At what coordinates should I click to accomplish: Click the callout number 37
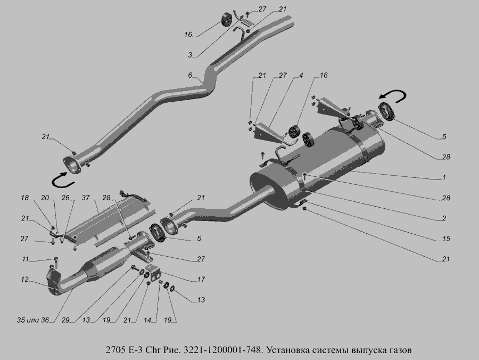tap(86, 198)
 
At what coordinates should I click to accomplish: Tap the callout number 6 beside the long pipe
tap(190, 75)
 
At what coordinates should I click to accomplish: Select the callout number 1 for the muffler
tap(444, 177)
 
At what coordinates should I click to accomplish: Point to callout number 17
tap(201, 280)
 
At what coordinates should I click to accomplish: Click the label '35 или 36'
tap(33, 320)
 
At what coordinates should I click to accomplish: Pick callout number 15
tap(446, 239)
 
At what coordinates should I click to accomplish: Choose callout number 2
tap(444, 218)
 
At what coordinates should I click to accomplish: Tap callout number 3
tap(190, 55)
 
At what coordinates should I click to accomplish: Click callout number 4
tap(301, 75)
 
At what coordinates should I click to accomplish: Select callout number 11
tap(26, 259)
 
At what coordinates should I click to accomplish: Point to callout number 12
tap(24, 280)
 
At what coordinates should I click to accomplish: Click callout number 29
tap(65, 320)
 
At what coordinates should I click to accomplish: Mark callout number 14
tap(147, 320)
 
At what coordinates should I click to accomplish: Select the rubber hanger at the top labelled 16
tap(226, 19)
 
